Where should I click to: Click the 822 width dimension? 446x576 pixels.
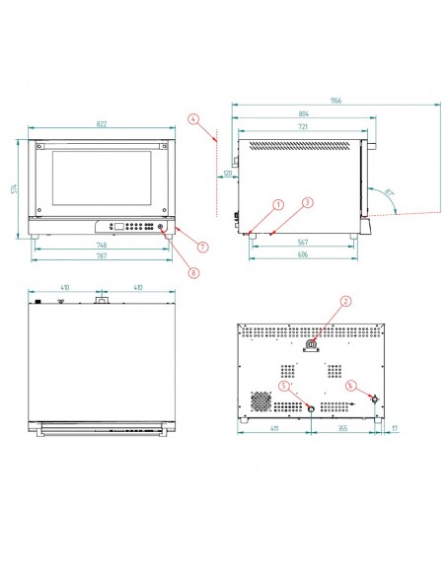tap(103, 124)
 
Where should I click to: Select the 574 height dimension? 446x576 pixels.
tap(16, 187)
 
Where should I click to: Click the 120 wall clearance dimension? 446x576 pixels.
tap(227, 173)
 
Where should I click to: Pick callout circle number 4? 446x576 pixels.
tap(194, 119)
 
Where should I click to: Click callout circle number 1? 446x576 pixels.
tap(279, 203)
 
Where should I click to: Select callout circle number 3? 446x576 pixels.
tap(308, 203)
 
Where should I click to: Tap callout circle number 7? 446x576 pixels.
tap(202, 246)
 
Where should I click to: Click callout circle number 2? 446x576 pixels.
tap(346, 301)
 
